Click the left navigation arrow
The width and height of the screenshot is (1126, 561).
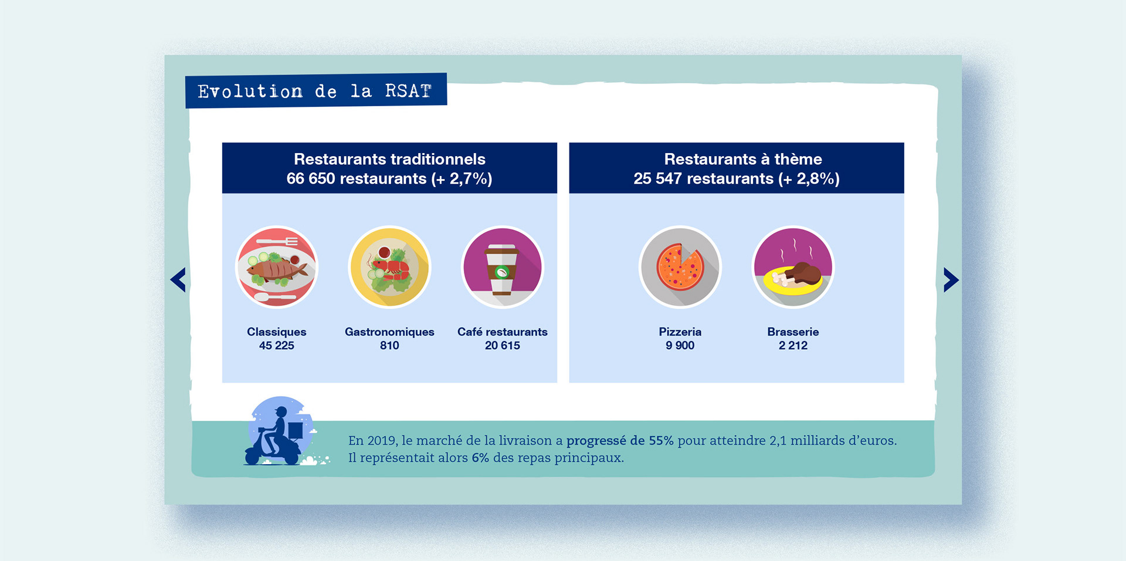click(178, 280)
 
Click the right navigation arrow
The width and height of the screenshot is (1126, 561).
click(951, 280)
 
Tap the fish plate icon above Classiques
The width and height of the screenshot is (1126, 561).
click(277, 268)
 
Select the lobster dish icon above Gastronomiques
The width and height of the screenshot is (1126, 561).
click(390, 268)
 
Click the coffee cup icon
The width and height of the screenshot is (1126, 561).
click(503, 268)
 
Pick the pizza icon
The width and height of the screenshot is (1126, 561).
click(680, 268)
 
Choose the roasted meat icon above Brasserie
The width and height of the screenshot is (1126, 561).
click(793, 268)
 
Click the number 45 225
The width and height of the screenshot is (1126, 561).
click(277, 346)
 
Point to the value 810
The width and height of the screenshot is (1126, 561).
click(389, 346)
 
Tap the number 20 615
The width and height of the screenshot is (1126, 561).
click(503, 346)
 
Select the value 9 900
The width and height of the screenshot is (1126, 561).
click(680, 346)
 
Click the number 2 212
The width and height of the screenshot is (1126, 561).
click(793, 346)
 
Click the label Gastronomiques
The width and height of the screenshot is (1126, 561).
click(389, 332)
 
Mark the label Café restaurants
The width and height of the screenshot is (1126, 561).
click(503, 332)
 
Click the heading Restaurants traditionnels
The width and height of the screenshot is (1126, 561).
click(389, 159)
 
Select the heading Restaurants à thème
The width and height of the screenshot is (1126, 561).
click(743, 159)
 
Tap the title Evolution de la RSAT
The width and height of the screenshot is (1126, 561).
click(316, 91)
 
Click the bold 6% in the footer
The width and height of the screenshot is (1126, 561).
click(480, 458)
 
